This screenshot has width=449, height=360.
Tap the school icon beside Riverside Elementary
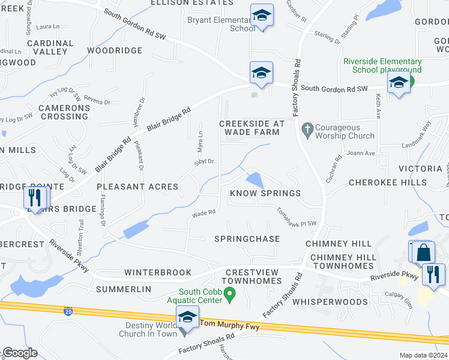(x=399, y=83)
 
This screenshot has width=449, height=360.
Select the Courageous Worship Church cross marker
(x=307, y=128)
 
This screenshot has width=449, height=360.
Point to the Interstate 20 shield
(x=68, y=311)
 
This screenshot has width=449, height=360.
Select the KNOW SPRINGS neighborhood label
(x=265, y=193)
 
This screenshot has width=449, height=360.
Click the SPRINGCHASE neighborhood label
(x=247, y=239)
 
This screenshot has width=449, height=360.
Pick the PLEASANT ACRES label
(x=137, y=187)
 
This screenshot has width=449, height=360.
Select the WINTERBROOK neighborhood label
(x=157, y=272)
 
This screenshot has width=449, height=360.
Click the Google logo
(x=20, y=353)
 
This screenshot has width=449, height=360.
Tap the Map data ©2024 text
(x=423, y=356)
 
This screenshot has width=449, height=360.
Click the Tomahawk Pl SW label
(x=296, y=217)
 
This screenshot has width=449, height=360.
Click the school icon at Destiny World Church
(x=187, y=317)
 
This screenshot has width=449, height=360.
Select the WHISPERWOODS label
(x=330, y=302)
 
